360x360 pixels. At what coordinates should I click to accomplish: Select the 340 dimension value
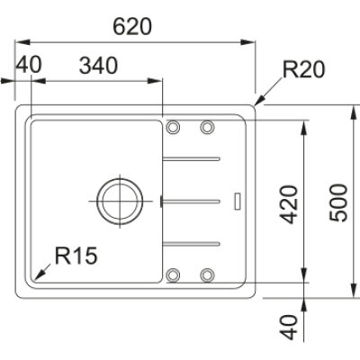(x=101, y=66)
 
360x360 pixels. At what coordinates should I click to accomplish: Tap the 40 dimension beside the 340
(x=30, y=66)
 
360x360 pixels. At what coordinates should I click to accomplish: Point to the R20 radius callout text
(x=302, y=69)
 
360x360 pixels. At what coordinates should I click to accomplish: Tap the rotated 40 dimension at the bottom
(x=288, y=327)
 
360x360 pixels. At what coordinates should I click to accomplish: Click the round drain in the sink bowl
(x=120, y=197)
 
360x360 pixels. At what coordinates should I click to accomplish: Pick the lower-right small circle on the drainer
(x=207, y=274)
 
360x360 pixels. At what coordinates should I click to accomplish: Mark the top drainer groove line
(x=191, y=158)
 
